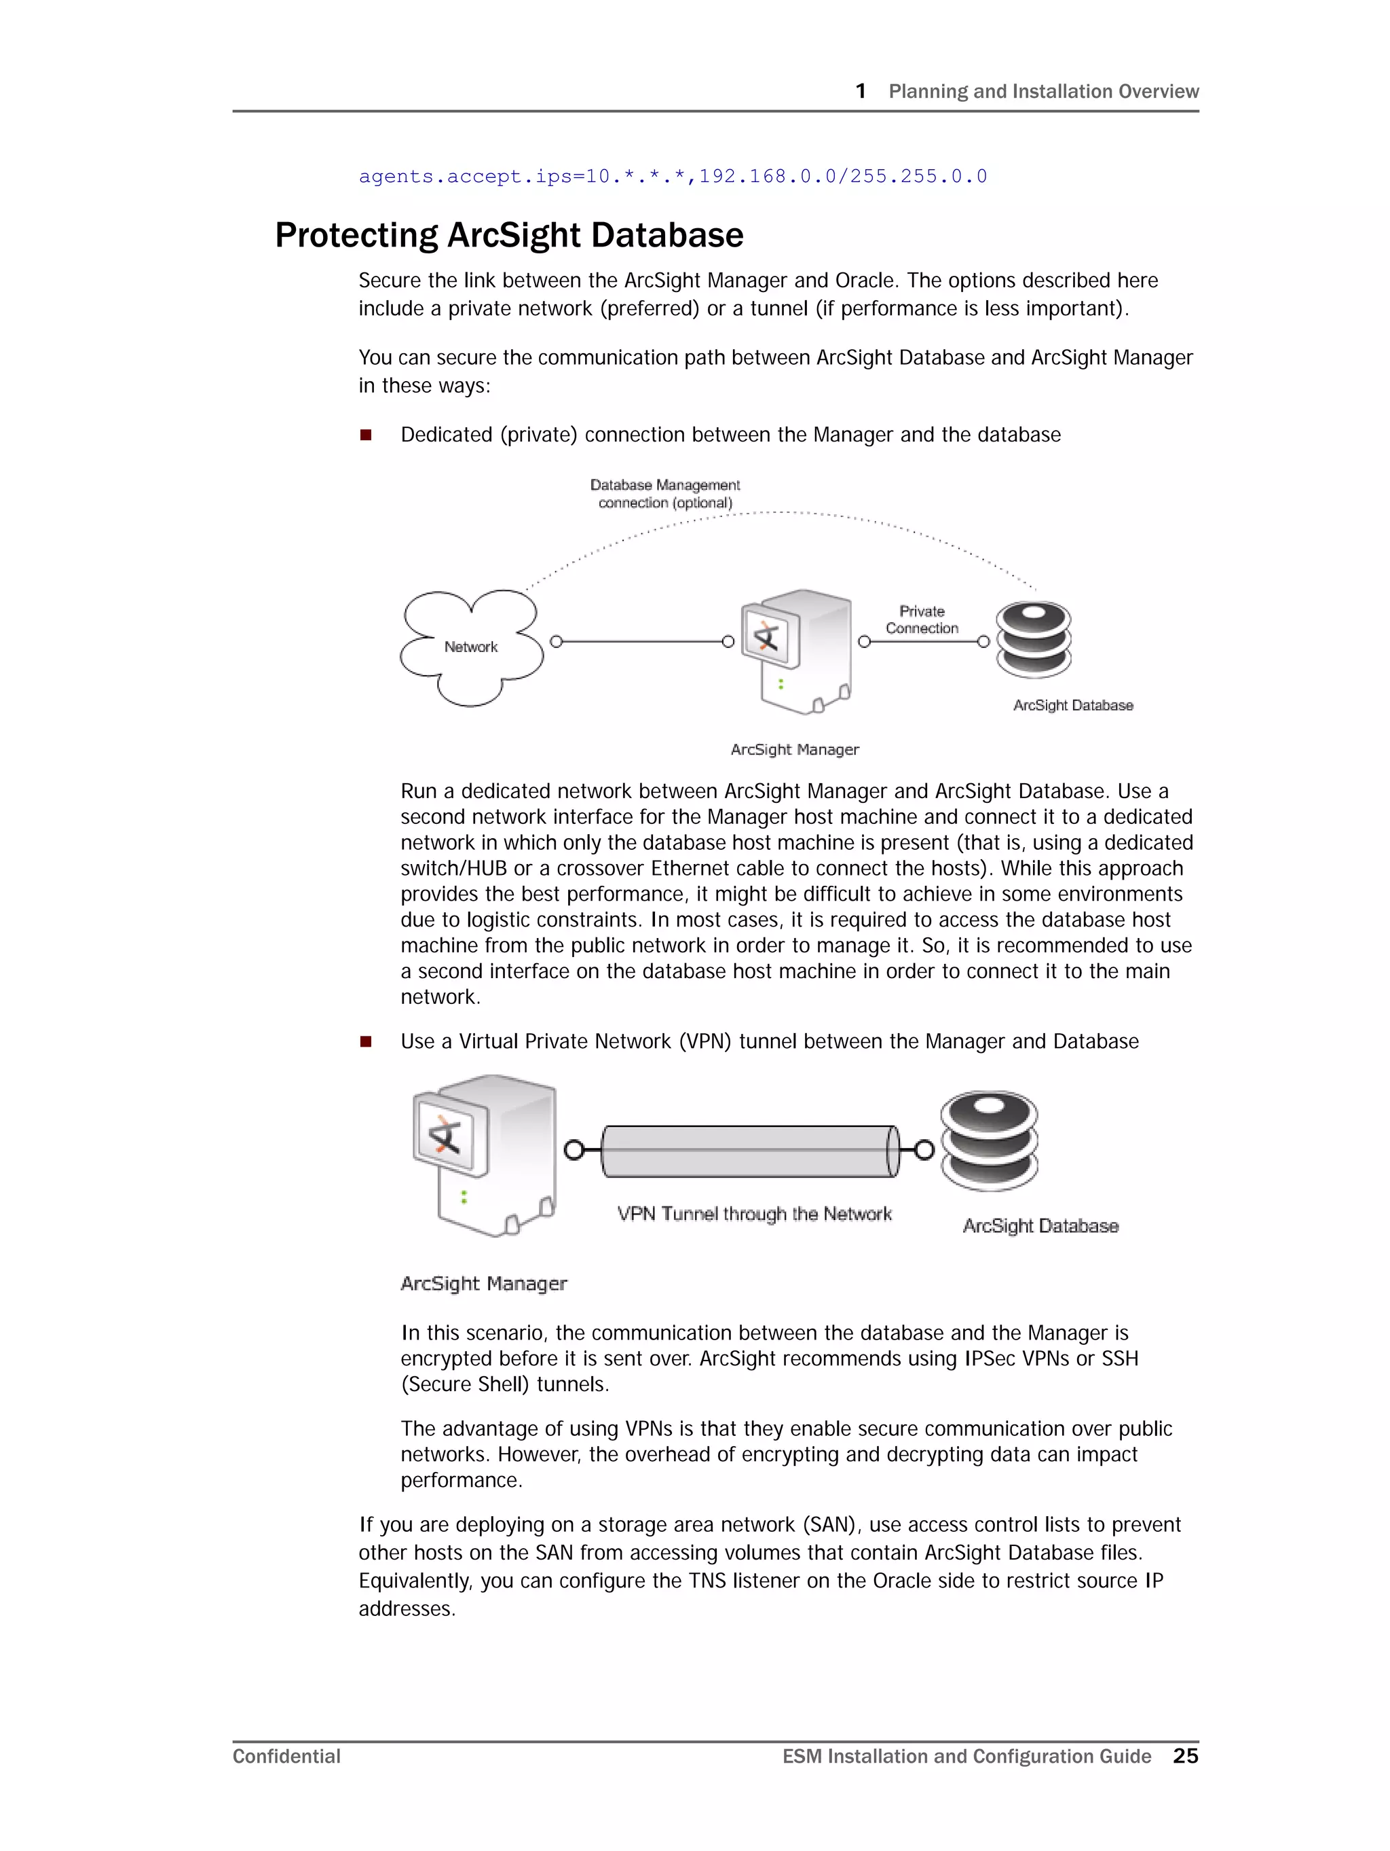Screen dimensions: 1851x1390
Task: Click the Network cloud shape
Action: (471, 647)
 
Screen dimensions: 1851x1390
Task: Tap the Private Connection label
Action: (922, 620)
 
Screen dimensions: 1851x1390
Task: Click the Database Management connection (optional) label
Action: (665, 494)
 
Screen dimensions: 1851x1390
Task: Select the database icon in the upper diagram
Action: (1033, 640)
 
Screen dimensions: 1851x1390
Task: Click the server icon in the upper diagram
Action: (797, 651)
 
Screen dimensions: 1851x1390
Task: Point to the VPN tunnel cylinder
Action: (749, 1151)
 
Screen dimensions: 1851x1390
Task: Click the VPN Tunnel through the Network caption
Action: (754, 1213)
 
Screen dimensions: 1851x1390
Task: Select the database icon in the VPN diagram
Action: (989, 1140)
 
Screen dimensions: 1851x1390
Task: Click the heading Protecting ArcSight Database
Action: (508, 235)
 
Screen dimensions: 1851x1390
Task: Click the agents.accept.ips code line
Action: (673, 177)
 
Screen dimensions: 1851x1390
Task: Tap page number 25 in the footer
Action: (1185, 1756)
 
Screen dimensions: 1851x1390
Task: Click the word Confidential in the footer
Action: (286, 1757)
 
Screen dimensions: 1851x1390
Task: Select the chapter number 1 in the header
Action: (861, 91)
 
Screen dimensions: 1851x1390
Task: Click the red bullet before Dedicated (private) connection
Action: (365, 435)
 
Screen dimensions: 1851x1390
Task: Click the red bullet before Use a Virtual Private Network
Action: (365, 1042)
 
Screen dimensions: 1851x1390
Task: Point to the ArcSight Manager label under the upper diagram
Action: (795, 750)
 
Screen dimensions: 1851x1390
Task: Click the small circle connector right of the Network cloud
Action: (556, 642)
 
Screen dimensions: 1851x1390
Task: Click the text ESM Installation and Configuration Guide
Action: (966, 1757)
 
